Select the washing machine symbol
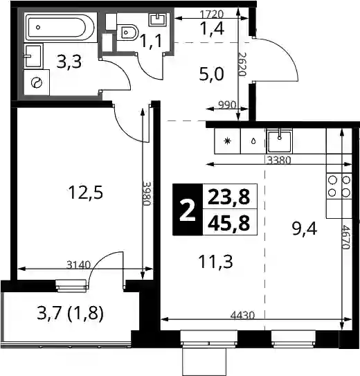tap(37, 83)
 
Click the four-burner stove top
tap(339, 186)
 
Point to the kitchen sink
tap(279, 141)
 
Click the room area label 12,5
tap(86, 193)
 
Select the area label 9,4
tap(305, 229)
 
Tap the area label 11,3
tap(216, 261)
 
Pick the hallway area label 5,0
tap(211, 74)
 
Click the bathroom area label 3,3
tap(69, 62)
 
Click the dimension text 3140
tap(78, 265)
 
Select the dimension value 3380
tap(279, 160)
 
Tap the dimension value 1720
tap(212, 14)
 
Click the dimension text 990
tap(227, 105)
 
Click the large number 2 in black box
tap(188, 209)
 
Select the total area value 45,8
tap(228, 222)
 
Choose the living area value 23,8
tap(228, 197)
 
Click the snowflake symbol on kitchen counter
tap(227, 141)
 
